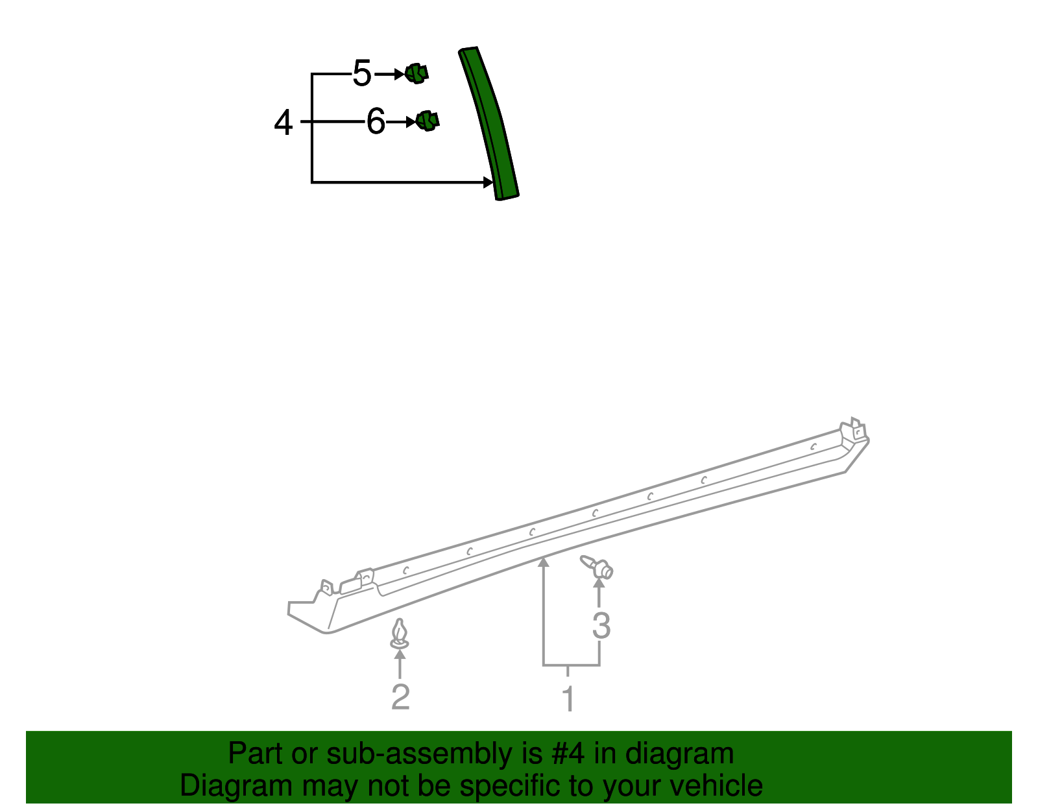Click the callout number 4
point(284,123)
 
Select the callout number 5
point(362,73)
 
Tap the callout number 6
point(376,121)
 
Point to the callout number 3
point(601,626)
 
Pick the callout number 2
point(400,697)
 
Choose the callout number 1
point(568,699)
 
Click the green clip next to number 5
point(416,73)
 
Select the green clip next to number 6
point(428,121)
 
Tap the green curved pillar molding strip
point(491,123)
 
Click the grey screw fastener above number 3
point(598,567)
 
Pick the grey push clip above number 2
point(400,634)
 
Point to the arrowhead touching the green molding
point(489,182)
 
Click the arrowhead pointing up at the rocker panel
point(544,562)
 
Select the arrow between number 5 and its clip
point(391,75)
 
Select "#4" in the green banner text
point(568,754)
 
